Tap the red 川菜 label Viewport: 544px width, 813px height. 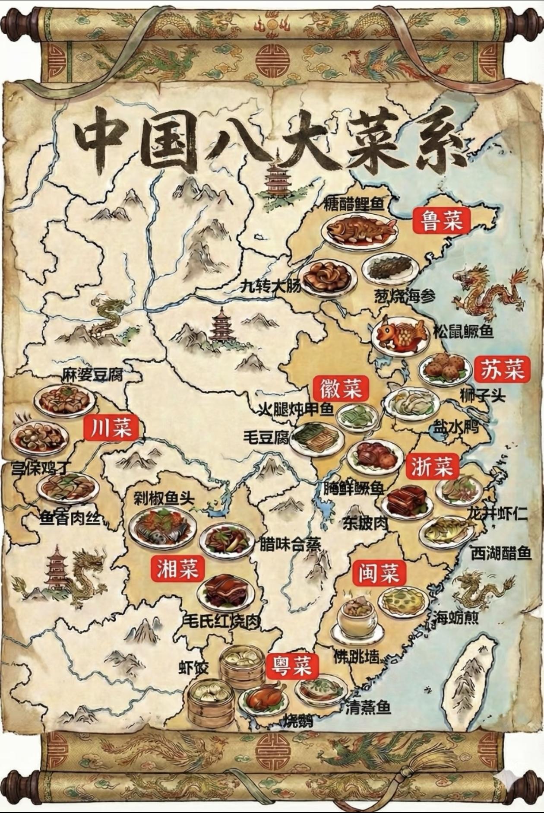[x=111, y=427]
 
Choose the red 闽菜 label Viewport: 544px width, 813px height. [x=376, y=573]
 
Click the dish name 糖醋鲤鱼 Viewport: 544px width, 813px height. [x=354, y=203]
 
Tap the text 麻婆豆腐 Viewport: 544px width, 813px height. [x=92, y=374]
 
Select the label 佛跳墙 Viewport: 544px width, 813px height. [x=356, y=657]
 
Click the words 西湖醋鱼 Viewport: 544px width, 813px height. [x=500, y=553]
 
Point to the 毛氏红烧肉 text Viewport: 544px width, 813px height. [x=221, y=621]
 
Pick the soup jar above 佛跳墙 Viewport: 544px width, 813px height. [x=357, y=615]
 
